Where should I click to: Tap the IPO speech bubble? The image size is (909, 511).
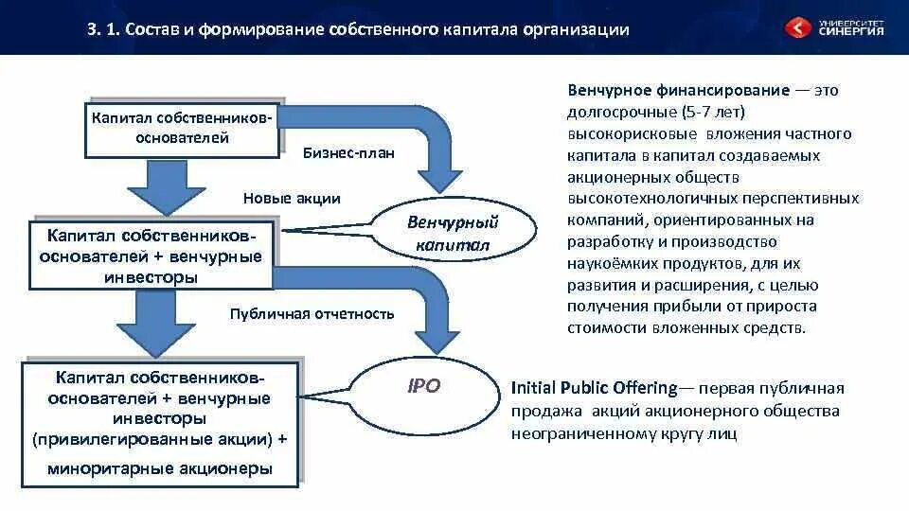pyautogui.click(x=423, y=387)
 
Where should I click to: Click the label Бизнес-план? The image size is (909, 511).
pyautogui.click(x=348, y=152)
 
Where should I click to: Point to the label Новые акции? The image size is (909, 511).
pyautogui.click(x=292, y=199)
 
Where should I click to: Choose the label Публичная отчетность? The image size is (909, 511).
pyautogui.click(x=312, y=314)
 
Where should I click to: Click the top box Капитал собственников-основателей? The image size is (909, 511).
pyautogui.click(x=182, y=128)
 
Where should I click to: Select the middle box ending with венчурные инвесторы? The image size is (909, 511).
pyautogui.click(x=151, y=255)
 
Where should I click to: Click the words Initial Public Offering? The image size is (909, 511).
pyautogui.click(x=594, y=388)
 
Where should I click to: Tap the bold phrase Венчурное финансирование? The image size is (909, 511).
pyautogui.click(x=679, y=91)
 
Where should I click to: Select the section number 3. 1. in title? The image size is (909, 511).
pyautogui.click(x=102, y=30)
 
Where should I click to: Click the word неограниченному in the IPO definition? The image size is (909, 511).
pyautogui.click(x=579, y=433)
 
